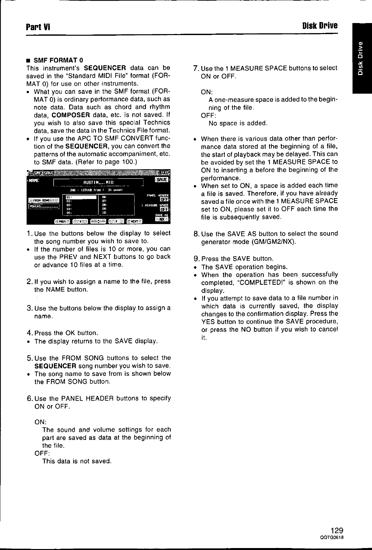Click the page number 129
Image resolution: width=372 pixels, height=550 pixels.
pyautogui.click(x=337, y=531)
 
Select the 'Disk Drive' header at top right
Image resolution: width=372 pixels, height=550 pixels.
pyautogui.click(x=320, y=25)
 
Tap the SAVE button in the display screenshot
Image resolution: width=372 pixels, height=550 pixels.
pyautogui.click(x=162, y=180)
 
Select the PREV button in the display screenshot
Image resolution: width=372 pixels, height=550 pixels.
pyautogui.click(x=62, y=221)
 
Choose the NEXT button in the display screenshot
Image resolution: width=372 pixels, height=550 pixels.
pyautogui.click(x=134, y=221)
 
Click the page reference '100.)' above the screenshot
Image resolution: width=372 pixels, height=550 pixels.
pyautogui.click(x=130, y=162)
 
